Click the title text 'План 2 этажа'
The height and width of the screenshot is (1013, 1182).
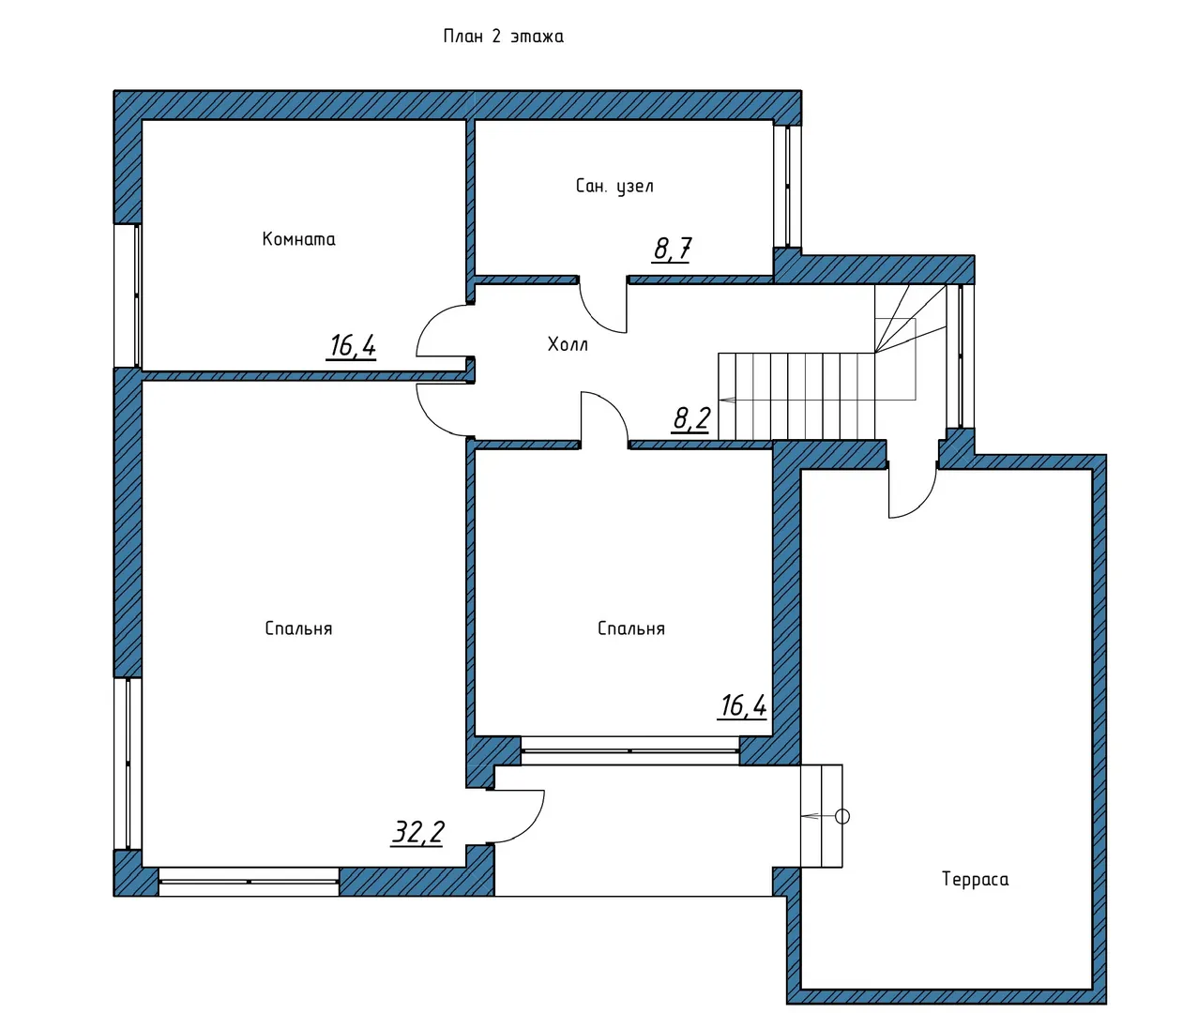point(503,37)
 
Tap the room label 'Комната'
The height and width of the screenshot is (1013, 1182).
point(298,239)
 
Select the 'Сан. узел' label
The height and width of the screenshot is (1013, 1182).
point(614,187)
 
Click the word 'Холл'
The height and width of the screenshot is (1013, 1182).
point(568,344)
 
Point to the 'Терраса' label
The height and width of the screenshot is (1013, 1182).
point(975,879)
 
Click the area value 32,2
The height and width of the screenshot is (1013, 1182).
point(417,832)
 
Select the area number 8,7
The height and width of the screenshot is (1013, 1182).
point(673,249)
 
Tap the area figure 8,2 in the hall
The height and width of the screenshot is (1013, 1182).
point(690,418)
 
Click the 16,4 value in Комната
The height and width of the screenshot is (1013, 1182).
point(353,346)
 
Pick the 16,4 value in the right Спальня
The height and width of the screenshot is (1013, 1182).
point(743,706)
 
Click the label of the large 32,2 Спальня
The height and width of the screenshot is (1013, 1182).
point(298,628)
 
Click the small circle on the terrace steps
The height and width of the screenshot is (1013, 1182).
point(842,816)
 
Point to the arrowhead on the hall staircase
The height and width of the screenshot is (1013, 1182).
point(726,400)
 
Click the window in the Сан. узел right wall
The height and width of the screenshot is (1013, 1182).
point(787,187)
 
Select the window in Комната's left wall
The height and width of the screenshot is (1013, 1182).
point(129,295)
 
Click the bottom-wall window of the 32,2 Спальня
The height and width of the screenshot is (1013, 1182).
point(249,882)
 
